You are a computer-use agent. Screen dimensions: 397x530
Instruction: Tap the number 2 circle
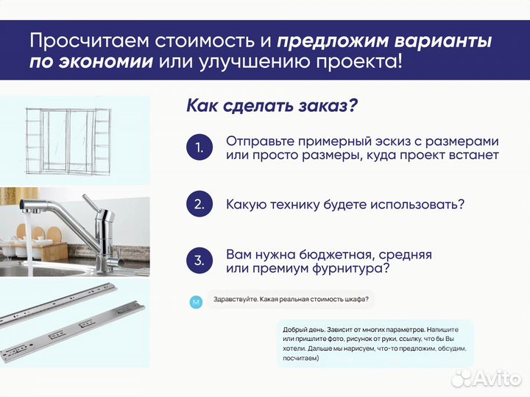198,204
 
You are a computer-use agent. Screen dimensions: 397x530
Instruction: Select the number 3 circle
198,261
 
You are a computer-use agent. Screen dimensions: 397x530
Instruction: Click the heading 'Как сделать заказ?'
272,105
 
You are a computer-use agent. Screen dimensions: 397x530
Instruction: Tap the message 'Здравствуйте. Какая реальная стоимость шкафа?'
291,300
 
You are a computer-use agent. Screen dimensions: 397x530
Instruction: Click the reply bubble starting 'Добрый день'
375,342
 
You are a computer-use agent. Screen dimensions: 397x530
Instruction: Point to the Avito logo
487,378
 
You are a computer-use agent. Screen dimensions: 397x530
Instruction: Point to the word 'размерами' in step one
464,141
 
